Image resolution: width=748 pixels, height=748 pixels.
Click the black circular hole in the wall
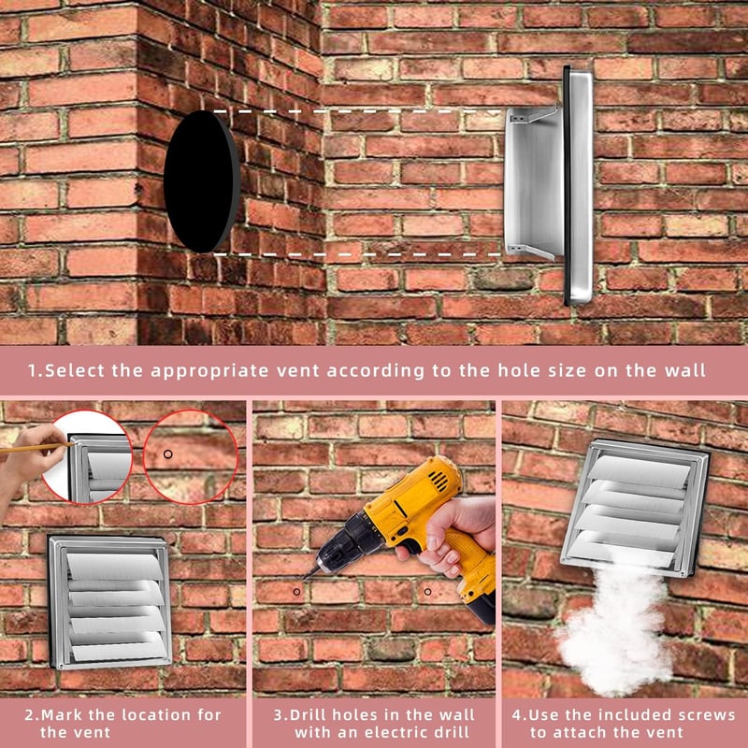(202, 181)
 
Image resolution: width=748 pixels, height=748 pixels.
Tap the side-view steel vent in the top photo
(550, 185)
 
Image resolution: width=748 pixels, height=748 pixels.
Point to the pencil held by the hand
(36, 448)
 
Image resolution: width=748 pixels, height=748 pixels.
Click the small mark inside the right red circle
(167, 454)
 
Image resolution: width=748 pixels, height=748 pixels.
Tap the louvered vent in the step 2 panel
(110, 602)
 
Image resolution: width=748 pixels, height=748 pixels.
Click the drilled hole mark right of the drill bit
(427, 592)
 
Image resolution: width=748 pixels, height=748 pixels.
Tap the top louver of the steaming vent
(640, 470)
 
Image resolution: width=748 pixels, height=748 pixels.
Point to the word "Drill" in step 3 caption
(309, 714)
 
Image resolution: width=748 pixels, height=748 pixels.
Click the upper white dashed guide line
(357, 111)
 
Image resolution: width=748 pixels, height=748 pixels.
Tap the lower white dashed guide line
(357, 254)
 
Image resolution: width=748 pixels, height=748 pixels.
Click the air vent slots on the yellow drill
(439, 481)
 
